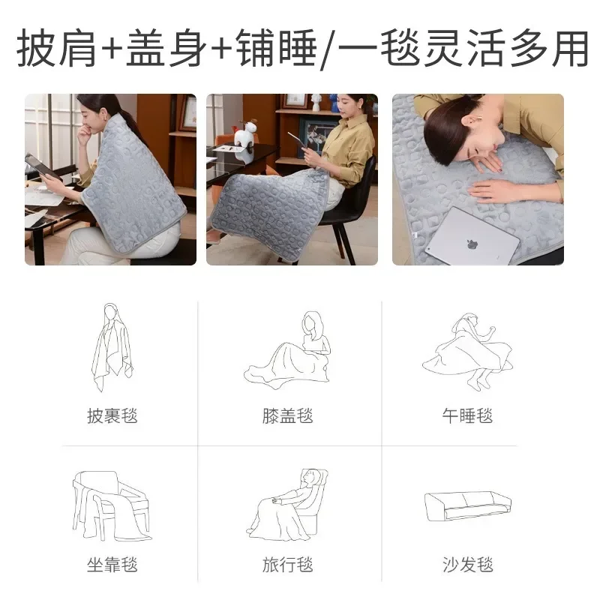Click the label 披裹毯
[112, 415]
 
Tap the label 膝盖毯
[288, 415]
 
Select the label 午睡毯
[467, 415]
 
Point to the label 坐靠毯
[112, 564]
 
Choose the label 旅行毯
[288, 564]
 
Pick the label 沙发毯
[467, 564]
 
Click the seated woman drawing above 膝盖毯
[289, 351]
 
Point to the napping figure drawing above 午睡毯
[467, 351]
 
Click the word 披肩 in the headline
[58, 47]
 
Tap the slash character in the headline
[327, 49]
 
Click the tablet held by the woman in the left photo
[41, 167]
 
